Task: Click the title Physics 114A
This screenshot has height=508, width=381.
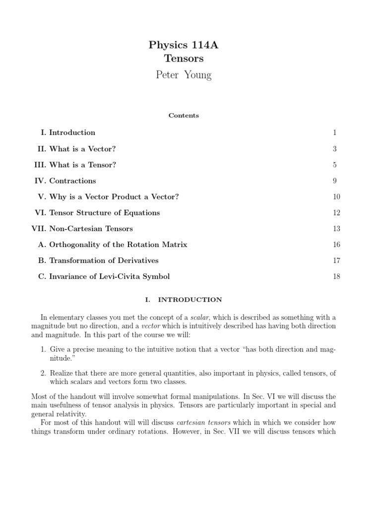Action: pos(184,45)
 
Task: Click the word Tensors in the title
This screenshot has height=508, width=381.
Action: pos(184,59)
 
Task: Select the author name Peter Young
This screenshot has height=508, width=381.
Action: pos(184,75)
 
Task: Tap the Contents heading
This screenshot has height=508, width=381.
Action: pos(184,116)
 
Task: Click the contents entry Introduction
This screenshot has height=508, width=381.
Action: pos(72,132)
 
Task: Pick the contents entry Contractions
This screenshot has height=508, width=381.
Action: pos(72,181)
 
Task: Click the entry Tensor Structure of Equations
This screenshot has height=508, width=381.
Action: pos(104,213)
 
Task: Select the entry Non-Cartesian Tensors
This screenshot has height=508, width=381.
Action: pos(92,229)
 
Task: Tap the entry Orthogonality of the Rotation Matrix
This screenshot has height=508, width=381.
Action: pos(118,245)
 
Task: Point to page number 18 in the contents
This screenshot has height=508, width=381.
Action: pos(336,276)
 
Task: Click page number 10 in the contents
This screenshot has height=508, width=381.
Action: pos(336,197)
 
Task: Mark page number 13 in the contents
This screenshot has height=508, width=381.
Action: pos(336,229)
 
